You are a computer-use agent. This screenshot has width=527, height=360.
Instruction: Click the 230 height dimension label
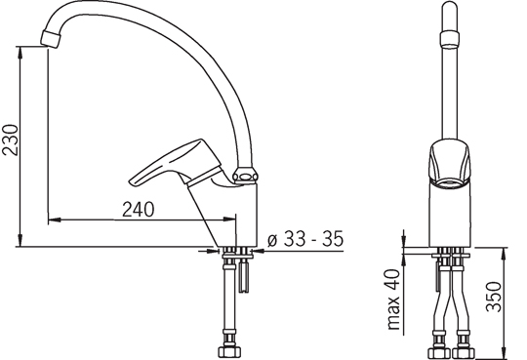(x=10, y=140)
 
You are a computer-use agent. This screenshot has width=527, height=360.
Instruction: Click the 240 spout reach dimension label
(x=139, y=210)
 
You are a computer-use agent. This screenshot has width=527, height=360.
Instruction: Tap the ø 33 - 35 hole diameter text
(x=305, y=239)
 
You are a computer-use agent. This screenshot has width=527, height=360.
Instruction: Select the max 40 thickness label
(x=394, y=300)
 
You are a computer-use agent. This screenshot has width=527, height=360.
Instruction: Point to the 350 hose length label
(x=494, y=297)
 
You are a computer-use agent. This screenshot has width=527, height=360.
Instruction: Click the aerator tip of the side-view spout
(x=51, y=38)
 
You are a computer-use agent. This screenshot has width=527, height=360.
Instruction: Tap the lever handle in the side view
(x=176, y=163)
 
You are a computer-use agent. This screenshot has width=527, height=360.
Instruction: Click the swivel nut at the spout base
(x=246, y=176)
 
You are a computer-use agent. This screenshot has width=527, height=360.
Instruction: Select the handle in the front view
(x=450, y=162)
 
